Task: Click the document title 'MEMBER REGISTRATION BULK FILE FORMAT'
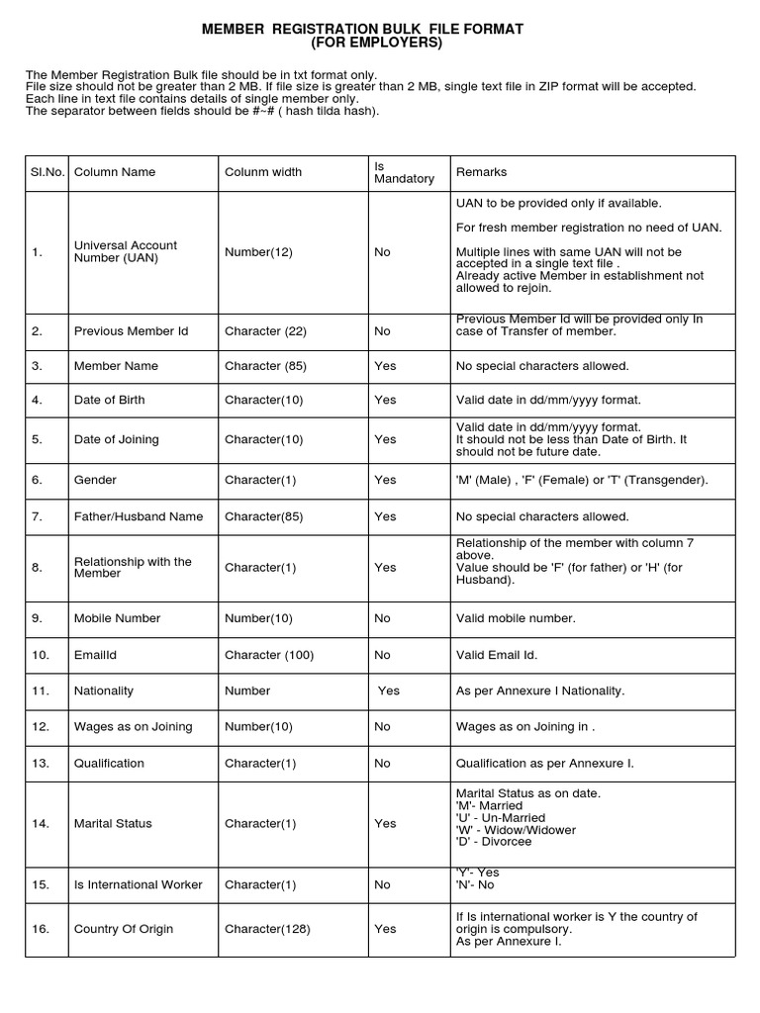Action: pyautogui.click(x=362, y=31)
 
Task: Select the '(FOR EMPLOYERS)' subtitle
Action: pyautogui.click(x=363, y=45)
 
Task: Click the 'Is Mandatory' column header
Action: pyautogui.click(x=404, y=172)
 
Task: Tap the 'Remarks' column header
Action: pyautogui.click(x=481, y=172)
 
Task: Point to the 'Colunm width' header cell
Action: pyautogui.click(x=263, y=172)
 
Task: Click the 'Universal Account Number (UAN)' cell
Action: pyautogui.click(x=126, y=252)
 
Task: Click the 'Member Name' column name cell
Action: pyautogui.click(x=116, y=366)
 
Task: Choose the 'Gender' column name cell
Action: pyautogui.click(x=95, y=480)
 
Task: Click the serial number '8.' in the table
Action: pyautogui.click(x=38, y=568)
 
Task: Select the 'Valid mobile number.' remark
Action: pyautogui.click(x=516, y=618)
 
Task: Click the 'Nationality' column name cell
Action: pyautogui.click(x=104, y=691)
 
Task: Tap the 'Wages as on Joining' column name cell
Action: pyautogui.click(x=133, y=727)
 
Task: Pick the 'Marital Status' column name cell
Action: pyautogui.click(x=113, y=823)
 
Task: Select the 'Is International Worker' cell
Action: pyautogui.click(x=138, y=884)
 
